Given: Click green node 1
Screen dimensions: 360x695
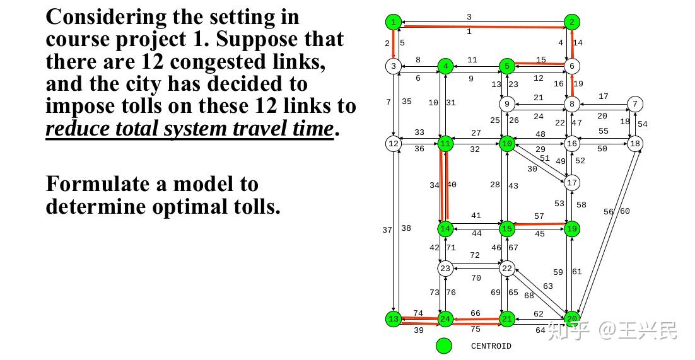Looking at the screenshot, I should pyautogui.click(x=394, y=23).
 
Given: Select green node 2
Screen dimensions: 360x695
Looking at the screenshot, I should pyautogui.click(x=571, y=23).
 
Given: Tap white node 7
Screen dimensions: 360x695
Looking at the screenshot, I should pyautogui.click(x=635, y=104).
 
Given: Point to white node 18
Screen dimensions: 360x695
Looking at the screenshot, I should pyautogui.click(x=635, y=144).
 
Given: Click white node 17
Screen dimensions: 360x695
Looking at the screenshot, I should pyautogui.click(x=572, y=183).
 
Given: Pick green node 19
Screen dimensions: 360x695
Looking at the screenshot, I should pyautogui.click(x=572, y=229).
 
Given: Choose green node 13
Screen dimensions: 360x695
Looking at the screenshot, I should pyautogui.click(x=394, y=319).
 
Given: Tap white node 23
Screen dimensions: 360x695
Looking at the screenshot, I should pyautogui.click(x=446, y=269).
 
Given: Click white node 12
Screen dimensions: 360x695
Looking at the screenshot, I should pyautogui.click(x=394, y=144).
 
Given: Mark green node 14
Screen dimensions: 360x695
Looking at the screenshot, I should pyautogui.click(x=446, y=228).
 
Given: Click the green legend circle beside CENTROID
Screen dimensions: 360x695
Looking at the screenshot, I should pyautogui.click(x=445, y=345).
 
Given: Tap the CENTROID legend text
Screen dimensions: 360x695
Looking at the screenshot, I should pyautogui.click(x=491, y=346).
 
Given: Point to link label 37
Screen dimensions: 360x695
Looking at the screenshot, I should pyautogui.click(x=387, y=230).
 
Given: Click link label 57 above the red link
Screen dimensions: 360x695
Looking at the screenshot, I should pyautogui.click(x=539, y=216).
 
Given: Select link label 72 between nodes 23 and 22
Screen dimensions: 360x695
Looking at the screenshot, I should pyautogui.click(x=474, y=255).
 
